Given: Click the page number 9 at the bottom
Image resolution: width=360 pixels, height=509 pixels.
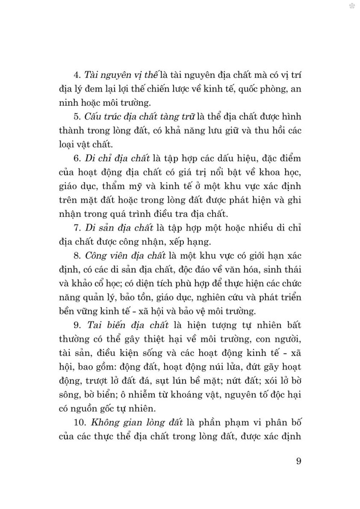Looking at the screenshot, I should [298, 461].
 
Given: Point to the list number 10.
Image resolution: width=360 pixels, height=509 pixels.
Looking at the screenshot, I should [80, 422].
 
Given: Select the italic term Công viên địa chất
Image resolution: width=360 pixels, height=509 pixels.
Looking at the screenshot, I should [125, 255].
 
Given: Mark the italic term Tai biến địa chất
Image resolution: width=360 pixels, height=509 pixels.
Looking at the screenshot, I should [128, 325].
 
